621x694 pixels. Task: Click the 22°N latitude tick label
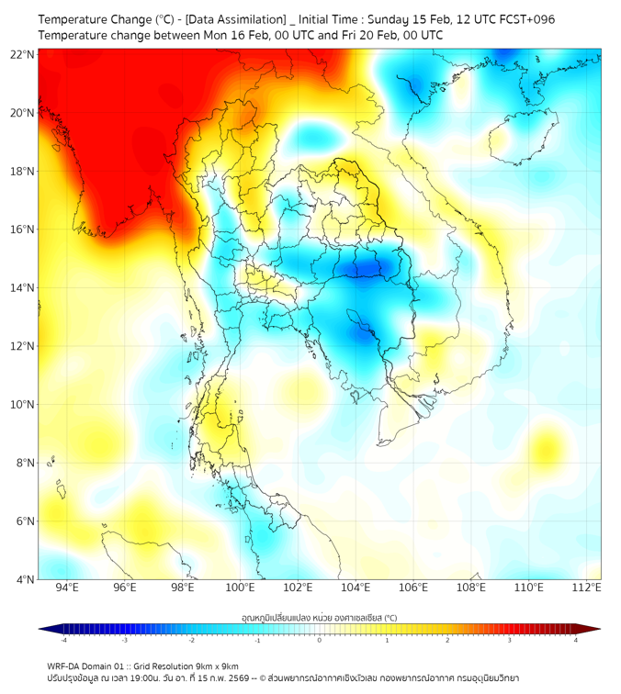[24, 55]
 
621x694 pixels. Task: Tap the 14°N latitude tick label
[24, 288]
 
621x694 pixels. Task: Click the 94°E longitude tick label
[67, 588]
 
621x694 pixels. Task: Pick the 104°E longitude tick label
[356, 588]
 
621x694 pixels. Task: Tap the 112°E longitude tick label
[587, 588]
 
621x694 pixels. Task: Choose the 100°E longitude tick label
[240, 588]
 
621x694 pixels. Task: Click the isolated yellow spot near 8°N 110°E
[548, 449]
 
